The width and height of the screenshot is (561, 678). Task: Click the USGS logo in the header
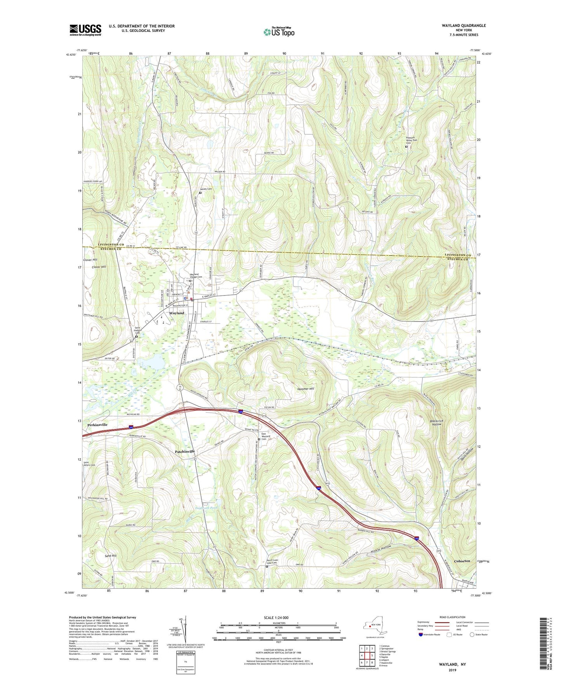85,30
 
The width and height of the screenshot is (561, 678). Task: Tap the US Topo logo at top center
279,32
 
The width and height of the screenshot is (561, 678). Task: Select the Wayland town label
176,313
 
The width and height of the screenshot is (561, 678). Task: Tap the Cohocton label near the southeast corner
462,561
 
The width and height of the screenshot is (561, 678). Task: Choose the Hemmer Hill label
306,389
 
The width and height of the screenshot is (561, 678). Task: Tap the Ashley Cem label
206,189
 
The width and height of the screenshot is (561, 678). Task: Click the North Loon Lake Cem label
272,562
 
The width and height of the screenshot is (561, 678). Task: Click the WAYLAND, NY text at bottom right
452,664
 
